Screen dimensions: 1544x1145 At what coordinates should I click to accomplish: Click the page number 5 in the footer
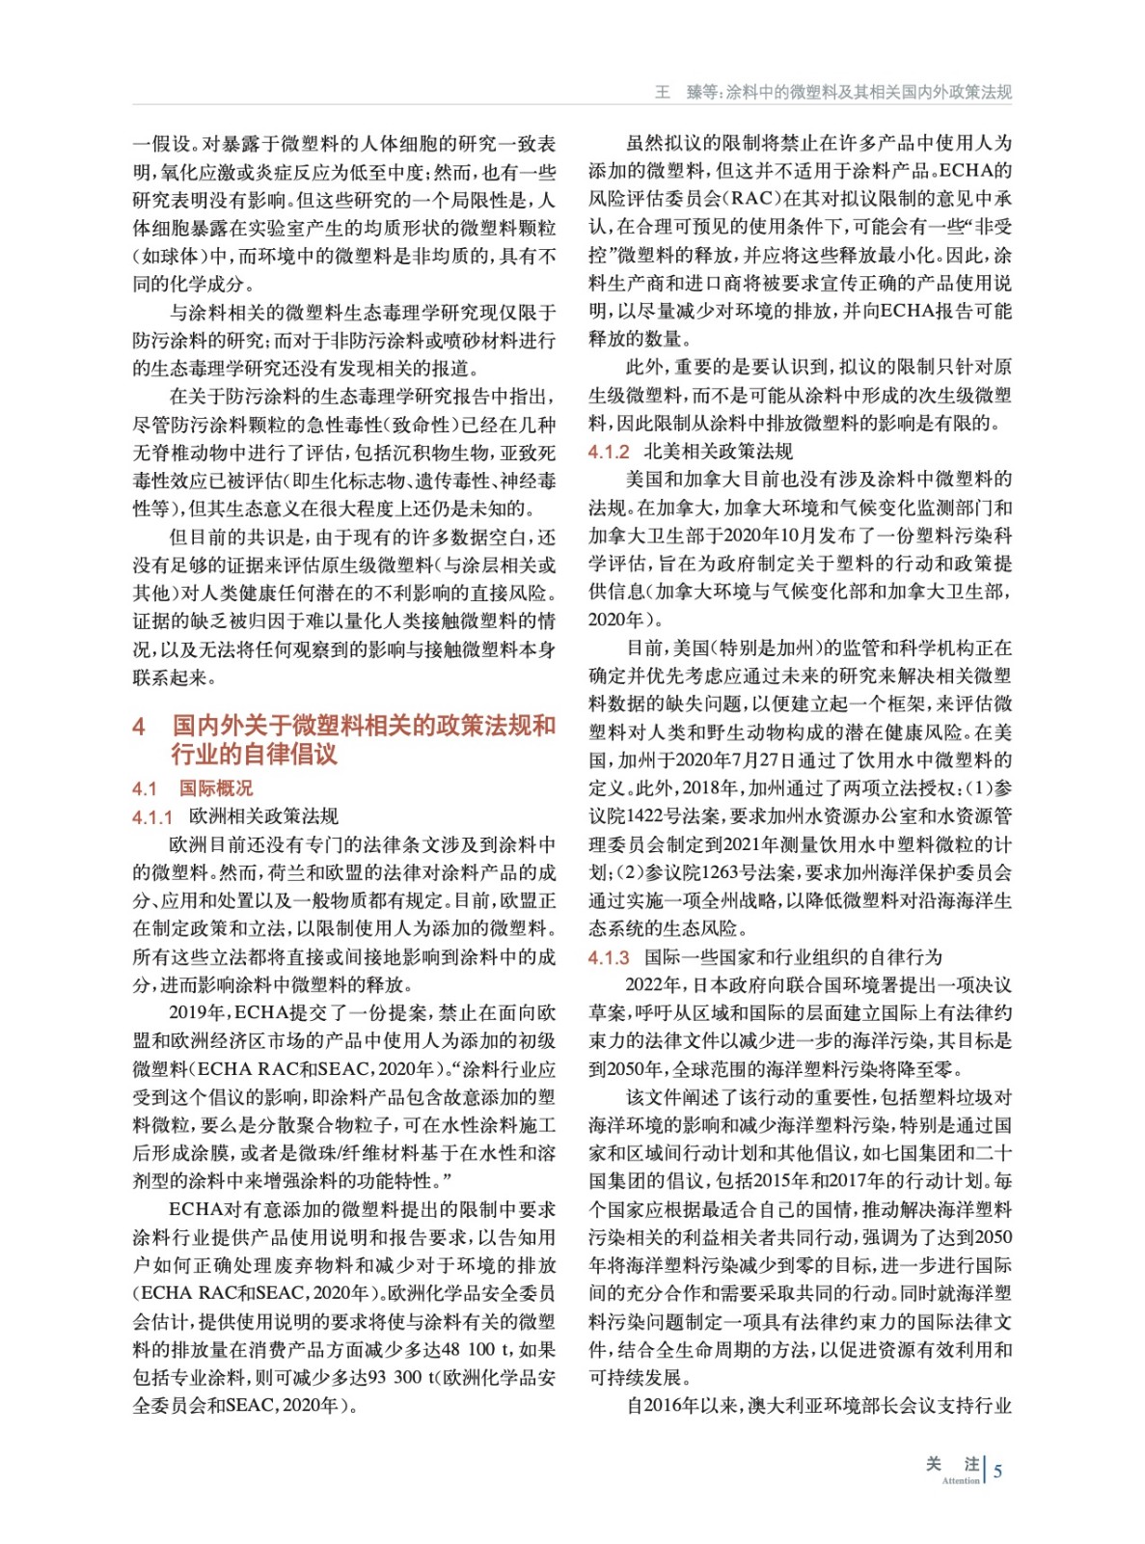[x=997, y=1471]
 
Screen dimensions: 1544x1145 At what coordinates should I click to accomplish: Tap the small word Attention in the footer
[x=960, y=1480]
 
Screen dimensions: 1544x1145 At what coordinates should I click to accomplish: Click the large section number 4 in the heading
[x=140, y=726]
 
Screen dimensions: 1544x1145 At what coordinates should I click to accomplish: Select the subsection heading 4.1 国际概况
[x=192, y=788]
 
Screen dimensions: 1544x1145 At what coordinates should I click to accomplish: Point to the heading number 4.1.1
[x=152, y=817]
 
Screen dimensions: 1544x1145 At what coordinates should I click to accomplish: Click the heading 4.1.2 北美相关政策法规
[x=690, y=452]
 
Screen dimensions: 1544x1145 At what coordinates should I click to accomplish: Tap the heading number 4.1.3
[x=609, y=957]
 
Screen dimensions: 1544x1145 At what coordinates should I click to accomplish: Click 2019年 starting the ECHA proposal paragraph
[x=197, y=1012]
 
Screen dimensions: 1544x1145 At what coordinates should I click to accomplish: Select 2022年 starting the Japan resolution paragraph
[x=653, y=984]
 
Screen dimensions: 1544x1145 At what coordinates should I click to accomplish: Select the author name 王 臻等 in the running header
[x=687, y=92]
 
